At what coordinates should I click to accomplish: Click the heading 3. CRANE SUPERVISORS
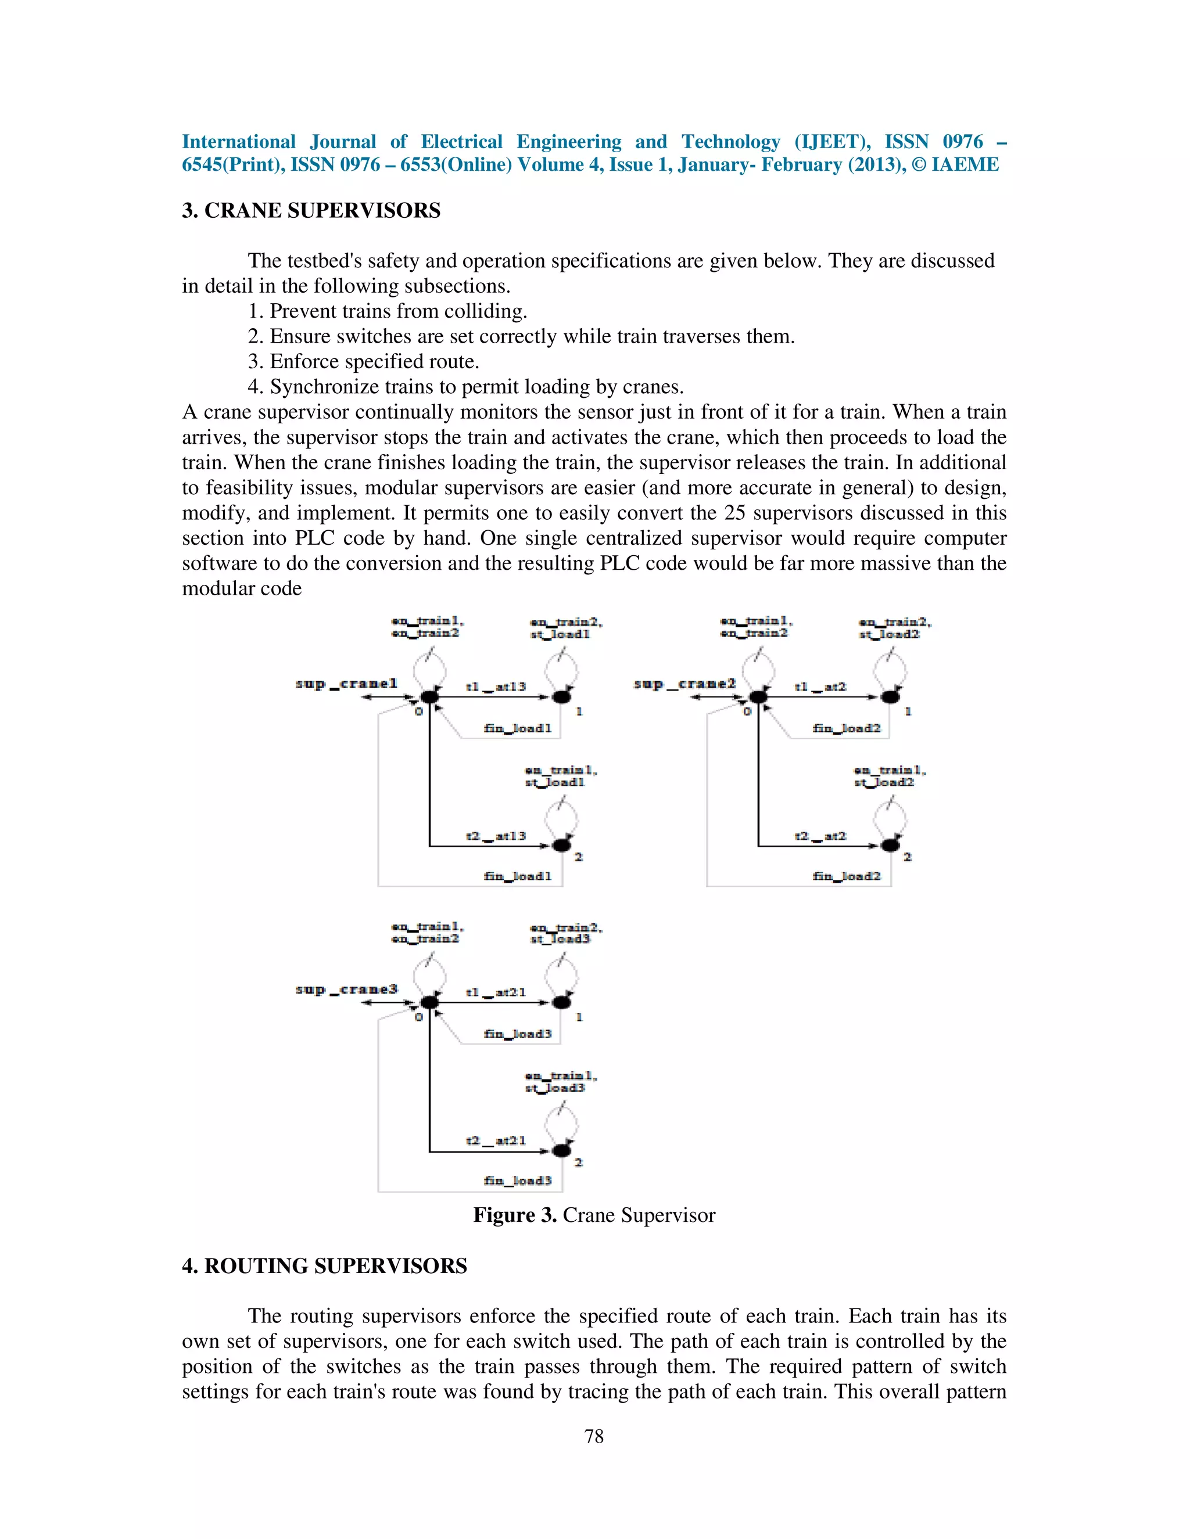coord(311,211)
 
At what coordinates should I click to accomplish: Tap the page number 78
coord(594,1436)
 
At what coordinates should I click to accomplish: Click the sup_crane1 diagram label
coord(346,684)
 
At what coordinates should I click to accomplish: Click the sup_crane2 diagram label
coord(684,684)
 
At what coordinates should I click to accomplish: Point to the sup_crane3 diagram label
coord(346,990)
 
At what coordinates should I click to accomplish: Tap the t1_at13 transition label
coord(496,686)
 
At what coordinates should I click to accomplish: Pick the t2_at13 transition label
coord(496,836)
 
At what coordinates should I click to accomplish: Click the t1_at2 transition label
coord(820,686)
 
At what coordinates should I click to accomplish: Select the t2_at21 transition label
coord(496,1140)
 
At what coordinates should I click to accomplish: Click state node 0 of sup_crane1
coord(429,697)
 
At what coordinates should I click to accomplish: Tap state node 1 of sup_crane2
coord(890,697)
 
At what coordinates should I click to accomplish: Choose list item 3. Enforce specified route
coord(364,361)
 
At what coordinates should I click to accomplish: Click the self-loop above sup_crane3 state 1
coord(562,976)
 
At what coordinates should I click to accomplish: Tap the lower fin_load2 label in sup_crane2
coord(847,876)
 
